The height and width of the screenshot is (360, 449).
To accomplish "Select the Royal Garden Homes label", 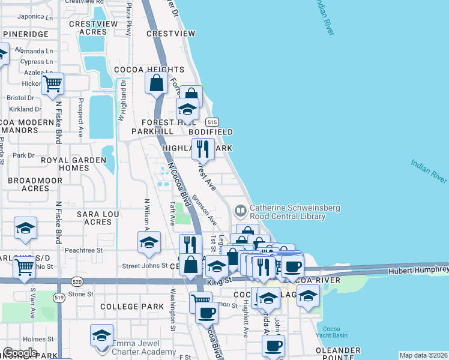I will coord(73,164).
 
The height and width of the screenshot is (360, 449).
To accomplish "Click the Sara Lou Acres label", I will coord(89,217).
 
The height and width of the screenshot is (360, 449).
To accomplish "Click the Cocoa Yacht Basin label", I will coord(331,332).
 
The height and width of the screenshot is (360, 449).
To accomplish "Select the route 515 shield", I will coord(211,121).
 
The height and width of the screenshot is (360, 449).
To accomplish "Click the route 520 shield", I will coord(76,280).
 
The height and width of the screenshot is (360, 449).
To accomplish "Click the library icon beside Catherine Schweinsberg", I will coord(240,211).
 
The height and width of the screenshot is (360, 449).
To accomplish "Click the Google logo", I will coord(20,353).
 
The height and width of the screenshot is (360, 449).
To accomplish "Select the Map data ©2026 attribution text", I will coord(423,355).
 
